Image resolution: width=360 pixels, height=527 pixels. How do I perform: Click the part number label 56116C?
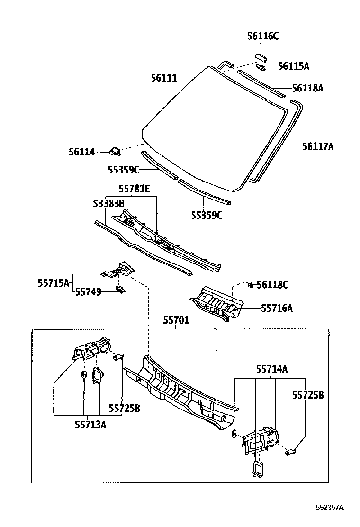(263, 36)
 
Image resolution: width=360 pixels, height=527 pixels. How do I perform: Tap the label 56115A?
(293, 66)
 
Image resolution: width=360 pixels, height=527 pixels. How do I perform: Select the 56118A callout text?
(307, 88)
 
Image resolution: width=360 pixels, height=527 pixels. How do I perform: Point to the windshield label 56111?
(164, 78)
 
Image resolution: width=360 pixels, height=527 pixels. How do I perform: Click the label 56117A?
(318, 146)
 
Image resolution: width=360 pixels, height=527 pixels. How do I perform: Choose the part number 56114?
(81, 152)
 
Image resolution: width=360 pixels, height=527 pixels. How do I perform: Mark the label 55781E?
(134, 189)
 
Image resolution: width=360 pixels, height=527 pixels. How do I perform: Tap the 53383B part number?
(108, 203)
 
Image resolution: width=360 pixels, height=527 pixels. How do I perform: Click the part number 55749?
(89, 292)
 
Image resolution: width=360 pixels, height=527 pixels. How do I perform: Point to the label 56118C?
(272, 284)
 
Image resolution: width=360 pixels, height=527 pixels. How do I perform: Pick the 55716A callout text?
(277, 309)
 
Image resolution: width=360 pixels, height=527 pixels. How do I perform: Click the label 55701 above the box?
(176, 321)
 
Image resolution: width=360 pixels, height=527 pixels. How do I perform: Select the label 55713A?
(90, 424)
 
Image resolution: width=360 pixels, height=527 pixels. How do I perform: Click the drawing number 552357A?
(330, 507)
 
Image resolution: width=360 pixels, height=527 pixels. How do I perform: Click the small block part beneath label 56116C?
(261, 57)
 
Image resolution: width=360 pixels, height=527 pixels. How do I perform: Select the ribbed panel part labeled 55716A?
(216, 303)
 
